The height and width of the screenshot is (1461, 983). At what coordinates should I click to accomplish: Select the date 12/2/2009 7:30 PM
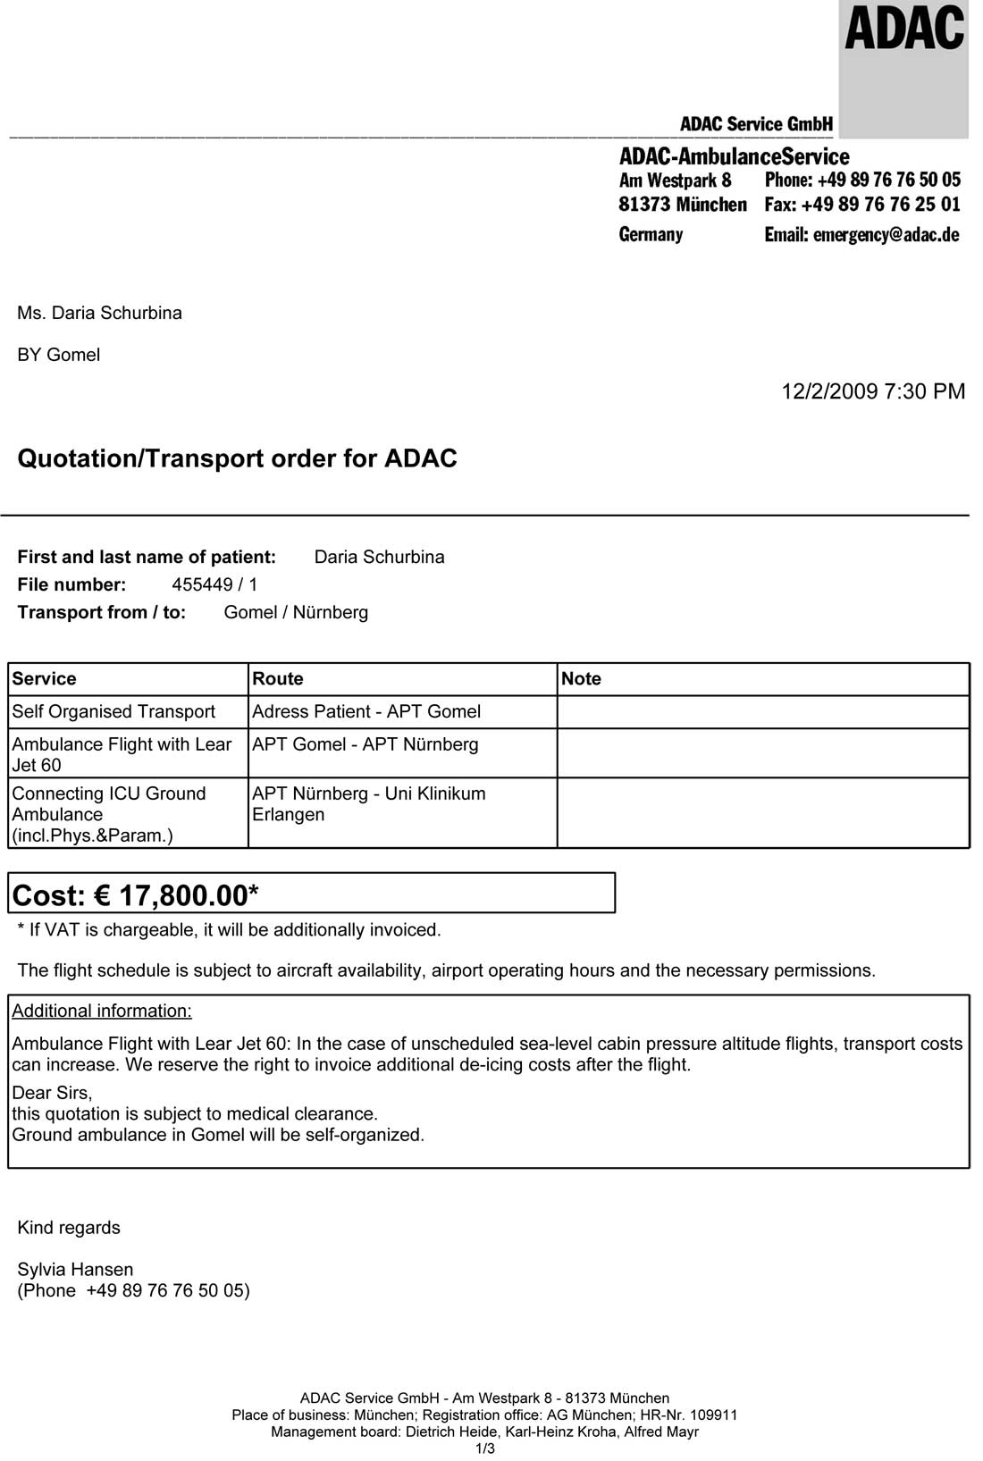click(x=873, y=391)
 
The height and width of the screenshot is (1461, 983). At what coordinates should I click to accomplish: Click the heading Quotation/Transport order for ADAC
click(x=238, y=458)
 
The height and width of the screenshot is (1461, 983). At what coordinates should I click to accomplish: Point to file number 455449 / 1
click(x=214, y=584)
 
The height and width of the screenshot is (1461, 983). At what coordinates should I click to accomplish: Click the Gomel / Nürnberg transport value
click(x=296, y=612)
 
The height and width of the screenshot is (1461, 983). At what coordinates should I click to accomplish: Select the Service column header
click(x=45, y=679)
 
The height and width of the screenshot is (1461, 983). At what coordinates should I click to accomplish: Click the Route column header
click(x=278, y=679)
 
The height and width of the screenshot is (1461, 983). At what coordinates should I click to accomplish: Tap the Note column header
click(x=581, y=679)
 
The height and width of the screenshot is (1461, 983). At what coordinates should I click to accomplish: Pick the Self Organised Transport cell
click(x=113, y=711)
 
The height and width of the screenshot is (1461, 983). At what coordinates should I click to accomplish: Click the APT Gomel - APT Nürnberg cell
click(x=365, y=744)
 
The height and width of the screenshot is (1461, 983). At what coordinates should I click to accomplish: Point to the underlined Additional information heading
click(x=102, y=1011)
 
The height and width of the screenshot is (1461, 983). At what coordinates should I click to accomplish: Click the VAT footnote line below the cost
click(x=230, y=930)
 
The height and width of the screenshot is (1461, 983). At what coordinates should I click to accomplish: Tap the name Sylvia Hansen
click(x=75, y=1269)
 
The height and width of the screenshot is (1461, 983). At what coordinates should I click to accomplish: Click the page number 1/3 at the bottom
click(x=485, y=1448)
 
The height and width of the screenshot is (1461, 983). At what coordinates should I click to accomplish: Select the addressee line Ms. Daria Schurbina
click(x=99, y=313)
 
